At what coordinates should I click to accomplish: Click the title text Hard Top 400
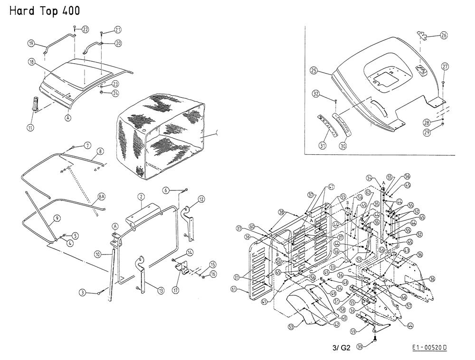point(45,10)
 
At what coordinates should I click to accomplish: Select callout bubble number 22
point(85,29)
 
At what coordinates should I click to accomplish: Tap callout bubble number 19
point(31,43)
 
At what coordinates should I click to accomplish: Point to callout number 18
point(31,62)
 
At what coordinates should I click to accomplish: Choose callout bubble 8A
point(101,196)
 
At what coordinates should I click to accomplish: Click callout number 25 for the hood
point(313,70)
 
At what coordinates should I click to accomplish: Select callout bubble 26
point(444,35)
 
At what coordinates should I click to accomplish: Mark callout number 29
point(427,133)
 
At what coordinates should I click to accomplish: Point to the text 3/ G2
point(341,348)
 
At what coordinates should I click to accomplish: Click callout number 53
point(291,326)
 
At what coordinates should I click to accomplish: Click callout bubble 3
point(83,293)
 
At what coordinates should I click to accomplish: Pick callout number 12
point(201,199)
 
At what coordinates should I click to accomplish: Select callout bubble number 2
point(141,196)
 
